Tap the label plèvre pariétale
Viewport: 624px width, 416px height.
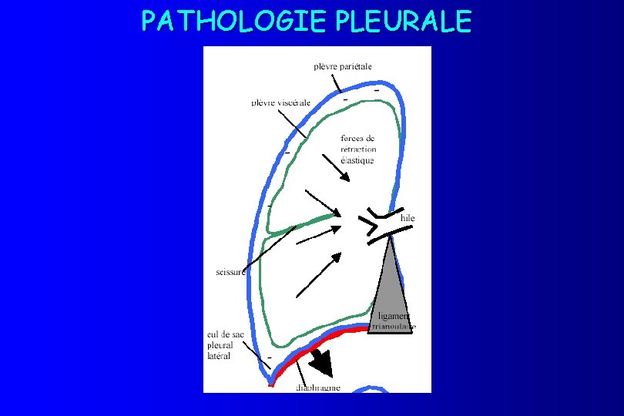click(x=343, y=66)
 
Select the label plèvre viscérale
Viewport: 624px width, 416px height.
click(x=281, y=102)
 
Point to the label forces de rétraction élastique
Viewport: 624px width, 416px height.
click(x=358, y=149)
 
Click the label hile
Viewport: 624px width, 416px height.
click(x=408, y=218)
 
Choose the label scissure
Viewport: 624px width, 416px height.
click(x=230, y=271)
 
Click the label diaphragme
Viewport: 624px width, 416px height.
click(x=319, y=387)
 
